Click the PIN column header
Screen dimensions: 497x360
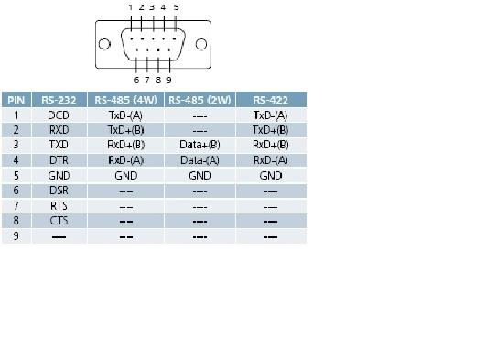[x=16, y=100]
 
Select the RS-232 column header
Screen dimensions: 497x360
[x=59, y=100]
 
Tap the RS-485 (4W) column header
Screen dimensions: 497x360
[x=126, y=100]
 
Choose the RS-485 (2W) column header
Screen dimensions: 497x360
[x=200, y=100]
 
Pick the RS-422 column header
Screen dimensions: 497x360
[x=270, y=100]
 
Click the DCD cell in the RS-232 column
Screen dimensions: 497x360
[x=59, y=115]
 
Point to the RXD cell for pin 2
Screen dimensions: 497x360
[x=59, y=130]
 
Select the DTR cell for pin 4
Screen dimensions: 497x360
[x=59, y=160]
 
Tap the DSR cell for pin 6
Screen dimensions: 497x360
[x=59, y=191]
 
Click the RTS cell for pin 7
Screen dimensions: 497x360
[x=59, y=206]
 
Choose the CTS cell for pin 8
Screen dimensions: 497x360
[x=59, y=221]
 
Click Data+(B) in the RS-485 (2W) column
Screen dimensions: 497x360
[x=200, y=145]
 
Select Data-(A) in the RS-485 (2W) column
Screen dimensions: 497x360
[x=200, y=160]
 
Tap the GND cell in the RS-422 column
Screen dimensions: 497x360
[x=270, y=175]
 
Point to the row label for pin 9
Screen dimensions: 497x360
[x=16, y=236]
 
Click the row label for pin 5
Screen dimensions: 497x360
[x=16, y=175]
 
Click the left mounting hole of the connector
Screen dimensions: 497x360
[x=105, y=42]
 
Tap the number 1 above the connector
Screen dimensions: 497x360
[x=130, y=7]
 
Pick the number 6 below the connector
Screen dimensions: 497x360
[x=136, y=80]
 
